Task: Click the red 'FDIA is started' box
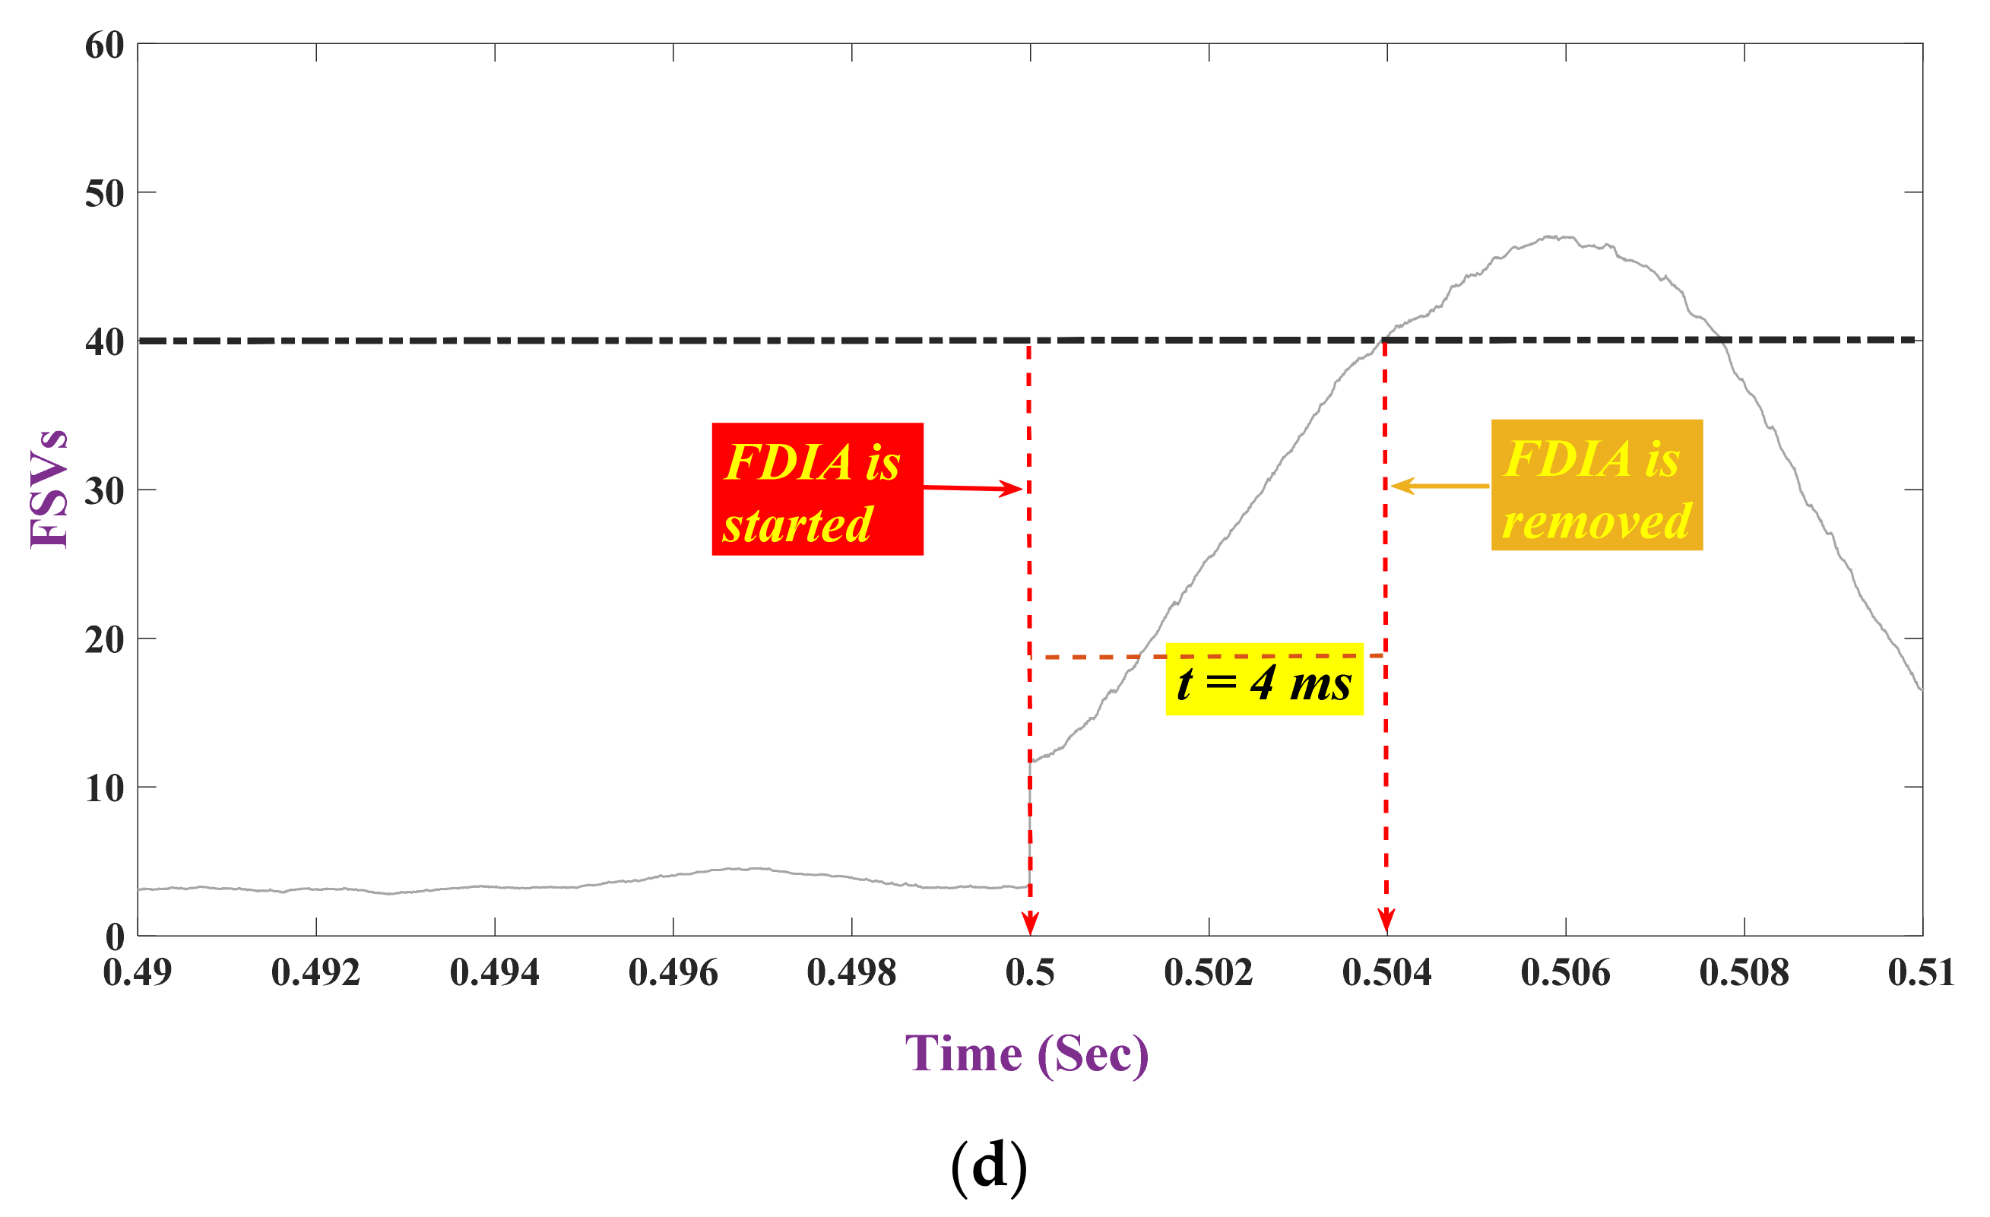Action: tap(816, 489)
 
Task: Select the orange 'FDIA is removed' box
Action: tap(1596, 485)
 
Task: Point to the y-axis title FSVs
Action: tap(49, 489)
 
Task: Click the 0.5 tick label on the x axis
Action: tap(1030, 972)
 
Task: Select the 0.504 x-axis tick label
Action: tap(1386, 972)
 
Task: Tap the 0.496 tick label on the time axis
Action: tap(673, 972)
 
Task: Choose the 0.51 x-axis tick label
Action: tap(1921, 972)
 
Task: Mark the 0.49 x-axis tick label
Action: tap(138, 972)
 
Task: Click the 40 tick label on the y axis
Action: tap(104, 341)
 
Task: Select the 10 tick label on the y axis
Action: tap(104, 788)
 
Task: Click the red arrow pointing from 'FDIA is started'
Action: tap(973, 488)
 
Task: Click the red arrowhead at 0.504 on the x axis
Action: tap(1386, 921)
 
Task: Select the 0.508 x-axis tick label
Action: tap(1744, 972)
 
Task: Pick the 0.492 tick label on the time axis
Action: tap(315, 972)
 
